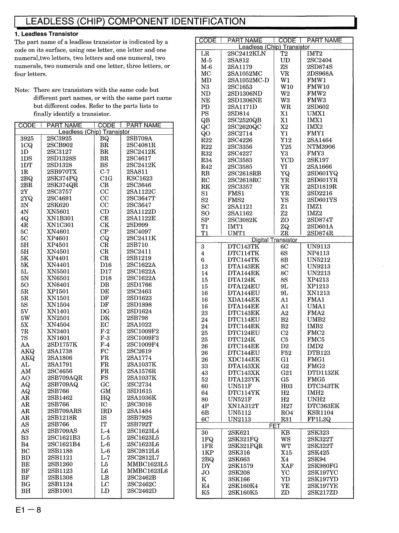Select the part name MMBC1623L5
147,464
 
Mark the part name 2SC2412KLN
246,54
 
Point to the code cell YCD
287,160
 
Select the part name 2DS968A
320,73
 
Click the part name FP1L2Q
318,419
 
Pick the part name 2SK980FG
322,466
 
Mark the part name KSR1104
320,413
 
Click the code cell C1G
106,178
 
